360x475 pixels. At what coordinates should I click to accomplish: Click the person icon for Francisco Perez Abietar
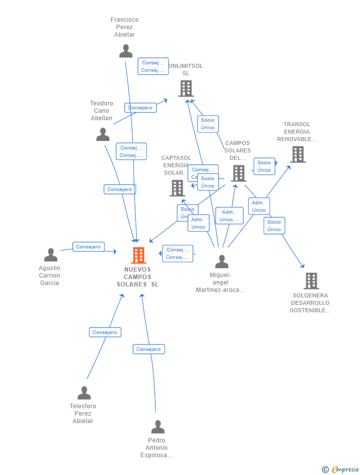click(126, 51)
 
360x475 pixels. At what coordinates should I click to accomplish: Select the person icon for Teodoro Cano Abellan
click(103, 134)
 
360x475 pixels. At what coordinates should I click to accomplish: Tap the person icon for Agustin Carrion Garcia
click(50, 255)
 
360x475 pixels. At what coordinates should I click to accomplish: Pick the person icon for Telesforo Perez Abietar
click(84, 393)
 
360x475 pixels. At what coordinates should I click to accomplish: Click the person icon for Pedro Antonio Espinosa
click(158, 427)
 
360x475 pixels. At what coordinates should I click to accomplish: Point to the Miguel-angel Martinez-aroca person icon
click(222, 262)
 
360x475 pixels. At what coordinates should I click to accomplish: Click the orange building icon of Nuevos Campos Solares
click(138, 255)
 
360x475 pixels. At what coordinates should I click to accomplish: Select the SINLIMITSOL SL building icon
click(186, 89)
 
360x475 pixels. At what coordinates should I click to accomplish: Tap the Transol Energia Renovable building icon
click(298, 154)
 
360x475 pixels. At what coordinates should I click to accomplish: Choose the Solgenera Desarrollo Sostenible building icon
click(311, 281)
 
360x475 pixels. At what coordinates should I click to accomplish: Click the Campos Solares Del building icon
click(239, 173)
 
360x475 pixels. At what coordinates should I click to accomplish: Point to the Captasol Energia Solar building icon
click(177, 188)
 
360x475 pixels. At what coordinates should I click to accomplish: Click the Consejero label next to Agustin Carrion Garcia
click(89, 246)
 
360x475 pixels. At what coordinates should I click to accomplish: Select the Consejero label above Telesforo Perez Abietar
click(105, 332)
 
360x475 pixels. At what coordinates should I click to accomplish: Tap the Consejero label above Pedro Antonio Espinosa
click(149, 349)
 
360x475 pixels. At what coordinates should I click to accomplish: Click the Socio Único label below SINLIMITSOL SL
click(208, 124)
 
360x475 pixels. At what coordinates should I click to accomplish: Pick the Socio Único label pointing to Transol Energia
click(264, 166)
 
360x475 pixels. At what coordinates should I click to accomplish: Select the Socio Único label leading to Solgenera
click(274, 226)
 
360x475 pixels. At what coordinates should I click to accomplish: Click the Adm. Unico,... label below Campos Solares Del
click(229, 216)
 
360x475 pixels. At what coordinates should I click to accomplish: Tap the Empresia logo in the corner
click(341, 469)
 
